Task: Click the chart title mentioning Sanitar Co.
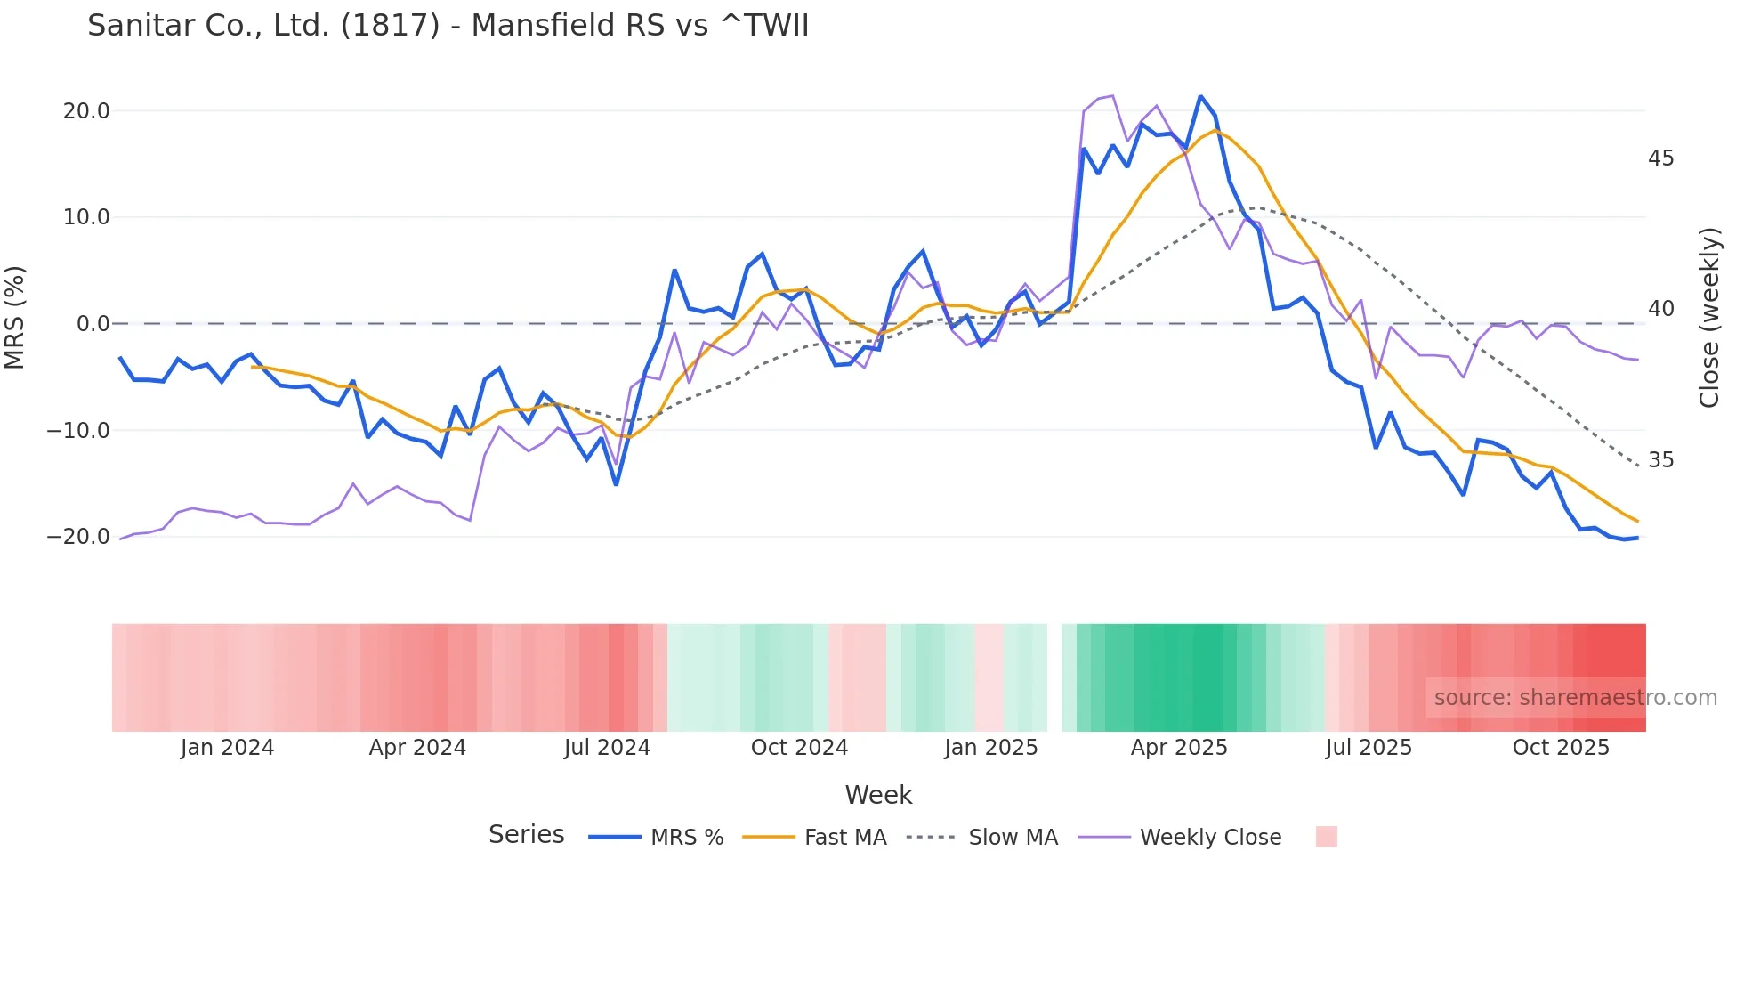(x=448, y=26)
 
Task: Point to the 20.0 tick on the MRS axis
(x=85, y=111)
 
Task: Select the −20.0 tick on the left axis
(x=78, y=537)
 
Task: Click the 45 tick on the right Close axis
(x=1660, y=158)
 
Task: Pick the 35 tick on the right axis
(x=1660, y=460)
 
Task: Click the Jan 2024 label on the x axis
(x=227, y=748)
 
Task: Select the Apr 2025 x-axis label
(x=1178, y=748)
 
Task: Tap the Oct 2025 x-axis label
(x=1561, y=748)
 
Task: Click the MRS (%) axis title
(x=15, y=318)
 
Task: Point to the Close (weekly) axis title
(x=1708, y=318)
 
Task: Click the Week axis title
(x=878, y=795)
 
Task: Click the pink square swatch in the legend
(x=1326, y=837)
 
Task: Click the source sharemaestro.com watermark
(x=1575, y=698)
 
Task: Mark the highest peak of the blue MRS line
(x=1200, y=96)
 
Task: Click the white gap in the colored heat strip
(x=1054, y=677)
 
